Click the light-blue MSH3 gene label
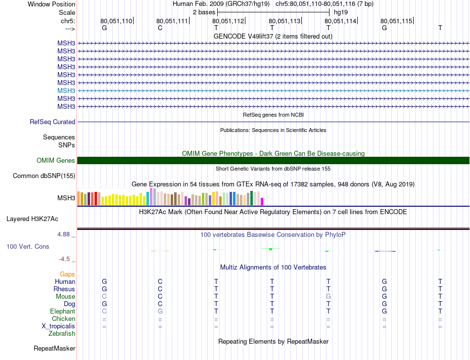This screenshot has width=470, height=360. click(x=66, y=91)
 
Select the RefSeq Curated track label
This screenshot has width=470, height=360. click(x=52, y=122)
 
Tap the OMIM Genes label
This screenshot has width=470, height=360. click(x=56, y=161)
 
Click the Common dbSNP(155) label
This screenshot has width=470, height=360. click(x=44, y=176)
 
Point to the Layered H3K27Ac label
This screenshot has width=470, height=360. click(x=32, y=219)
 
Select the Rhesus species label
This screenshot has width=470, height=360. click(x=64, y=289)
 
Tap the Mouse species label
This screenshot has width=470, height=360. click(x=65, y=297)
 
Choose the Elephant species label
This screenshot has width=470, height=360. click(x=63, y=312)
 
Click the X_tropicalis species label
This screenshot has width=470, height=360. click(x=58, y=326)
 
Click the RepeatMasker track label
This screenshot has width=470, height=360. click(x=54, y=349)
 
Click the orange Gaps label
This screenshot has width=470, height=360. click(x=67, y=274)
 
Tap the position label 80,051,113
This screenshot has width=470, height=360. click(x=284, y=21)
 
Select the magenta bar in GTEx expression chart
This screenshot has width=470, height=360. click(x=262, y=201)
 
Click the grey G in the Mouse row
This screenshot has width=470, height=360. click(x=328, y=297)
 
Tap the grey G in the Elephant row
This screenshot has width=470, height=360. click(x=160, y=312)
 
